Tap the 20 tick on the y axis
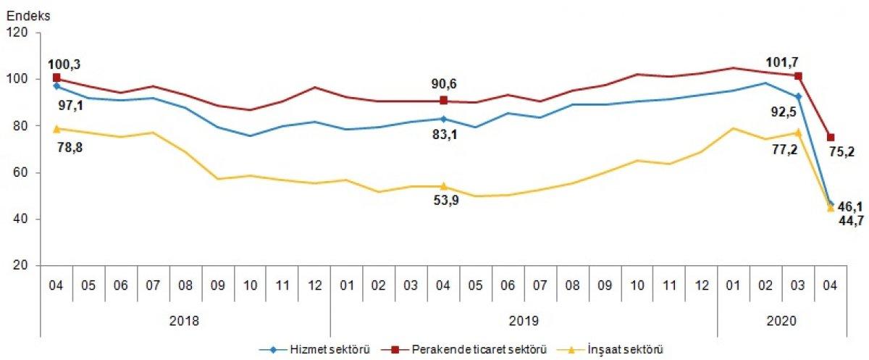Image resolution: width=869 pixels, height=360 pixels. click(20, 266)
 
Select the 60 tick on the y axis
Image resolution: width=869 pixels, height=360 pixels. click(20, 172)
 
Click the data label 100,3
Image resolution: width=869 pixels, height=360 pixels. click(64, 64)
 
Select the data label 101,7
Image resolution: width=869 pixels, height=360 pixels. click(784, 60)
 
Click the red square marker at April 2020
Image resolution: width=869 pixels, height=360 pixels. click(831, 138)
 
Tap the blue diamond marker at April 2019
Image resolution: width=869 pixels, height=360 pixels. click(443, 119)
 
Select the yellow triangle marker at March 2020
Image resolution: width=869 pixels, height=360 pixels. click(798, 133)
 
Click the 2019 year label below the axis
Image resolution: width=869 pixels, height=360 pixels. click(524, 319)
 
